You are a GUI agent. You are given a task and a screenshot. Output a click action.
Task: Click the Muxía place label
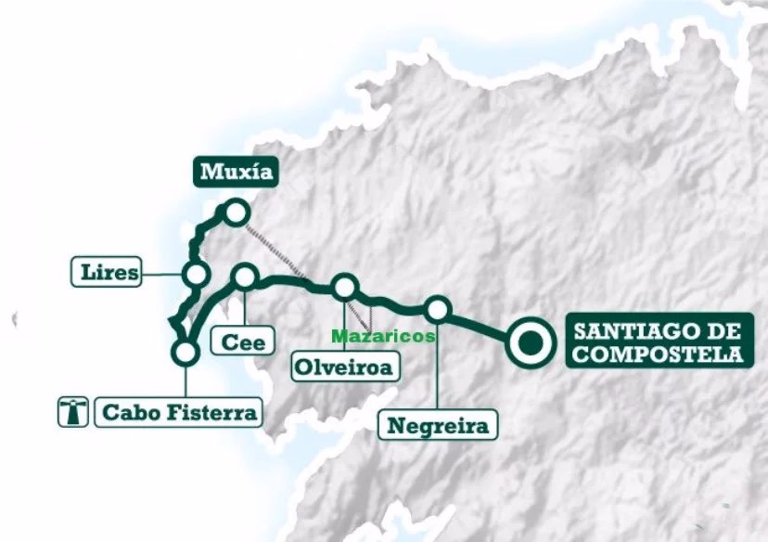coord(236,173)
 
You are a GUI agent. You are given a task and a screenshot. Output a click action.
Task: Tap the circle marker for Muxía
coord(236,213)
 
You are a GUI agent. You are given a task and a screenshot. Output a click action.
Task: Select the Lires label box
coord(107,273)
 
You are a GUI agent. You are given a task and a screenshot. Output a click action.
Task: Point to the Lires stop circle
coord(196,274)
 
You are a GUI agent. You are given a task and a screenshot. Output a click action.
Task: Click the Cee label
coord(243,342)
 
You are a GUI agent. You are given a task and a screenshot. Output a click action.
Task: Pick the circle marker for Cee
coord(245,275)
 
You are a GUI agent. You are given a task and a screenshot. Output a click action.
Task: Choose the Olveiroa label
coord(342,367)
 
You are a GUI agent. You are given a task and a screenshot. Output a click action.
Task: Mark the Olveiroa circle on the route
coord(345,287)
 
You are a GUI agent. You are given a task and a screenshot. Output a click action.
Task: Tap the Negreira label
coord(437,426)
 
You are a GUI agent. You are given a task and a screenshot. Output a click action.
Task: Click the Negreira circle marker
coord(438,309)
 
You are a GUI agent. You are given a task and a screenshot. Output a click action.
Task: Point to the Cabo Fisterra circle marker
coord(186,352)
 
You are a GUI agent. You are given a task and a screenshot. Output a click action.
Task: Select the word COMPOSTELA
coord(658,354)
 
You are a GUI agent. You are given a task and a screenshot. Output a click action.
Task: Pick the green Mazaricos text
coord(383,336)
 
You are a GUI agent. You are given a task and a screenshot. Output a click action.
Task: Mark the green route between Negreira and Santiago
coord(478,324)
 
